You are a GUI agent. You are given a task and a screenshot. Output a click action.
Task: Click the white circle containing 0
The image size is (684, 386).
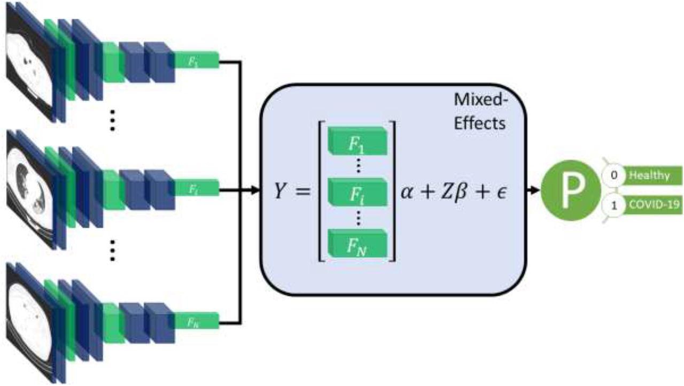pos(614,175)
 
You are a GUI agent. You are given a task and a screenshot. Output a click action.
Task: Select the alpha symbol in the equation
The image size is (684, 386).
pos(409,191)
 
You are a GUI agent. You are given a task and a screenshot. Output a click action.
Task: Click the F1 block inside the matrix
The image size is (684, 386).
pos(357,142)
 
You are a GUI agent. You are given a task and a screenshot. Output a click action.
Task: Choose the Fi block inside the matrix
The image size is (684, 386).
pos(357,192)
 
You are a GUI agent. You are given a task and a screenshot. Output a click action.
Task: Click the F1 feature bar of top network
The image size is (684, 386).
pos(196,60)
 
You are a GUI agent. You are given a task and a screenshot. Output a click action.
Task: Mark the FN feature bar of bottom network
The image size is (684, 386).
pos(196,322)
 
